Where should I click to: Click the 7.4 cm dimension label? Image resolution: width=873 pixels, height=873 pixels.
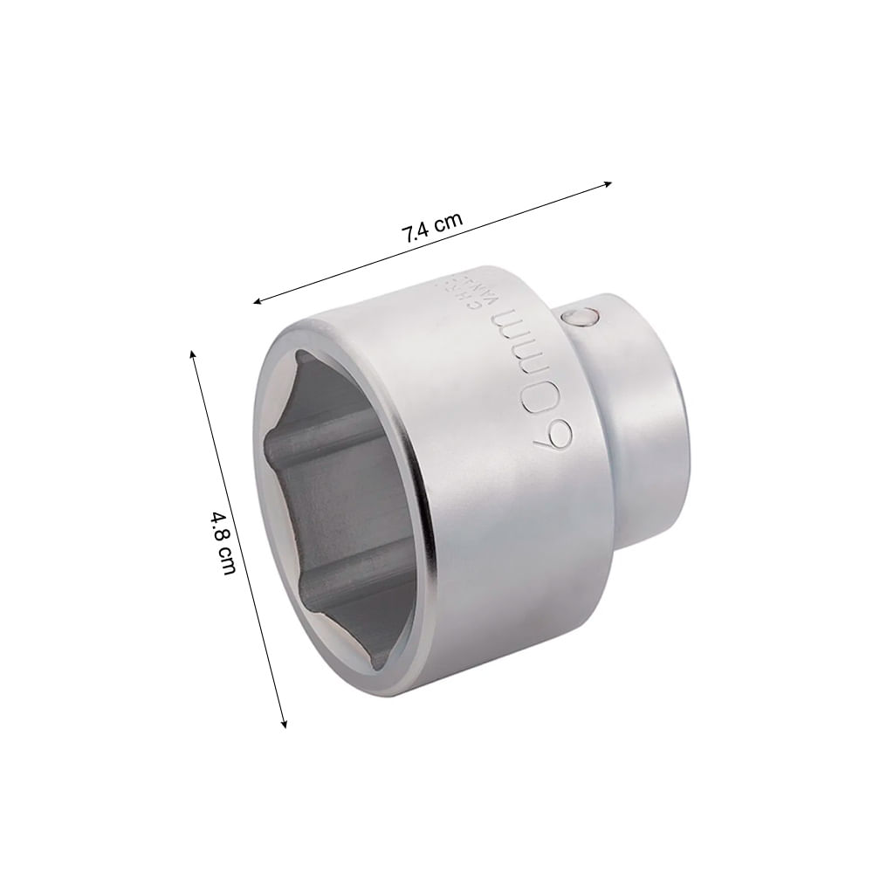pos(430,229)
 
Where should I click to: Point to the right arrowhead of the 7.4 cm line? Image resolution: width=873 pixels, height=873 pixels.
pos(608,183)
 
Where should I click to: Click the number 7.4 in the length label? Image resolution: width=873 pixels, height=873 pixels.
pos(415,234)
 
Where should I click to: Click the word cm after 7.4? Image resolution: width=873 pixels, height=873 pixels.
pos(449,223)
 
